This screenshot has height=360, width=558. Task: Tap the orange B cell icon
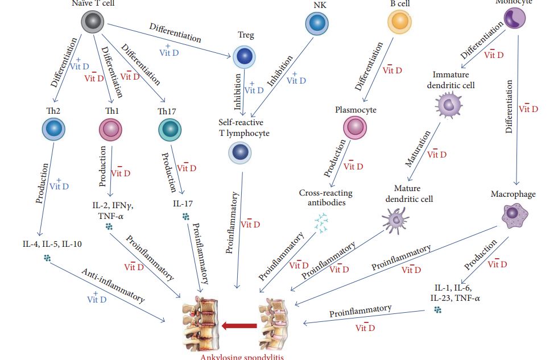pyautogui.click(x=398, y=22)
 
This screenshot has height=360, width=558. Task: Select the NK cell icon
pyautogui.click(x=316, y=24)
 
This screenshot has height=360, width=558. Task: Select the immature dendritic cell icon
pyautogui.click(x=449, y=105)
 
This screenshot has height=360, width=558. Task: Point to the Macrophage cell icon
pyautogui.click(x=514, y=214)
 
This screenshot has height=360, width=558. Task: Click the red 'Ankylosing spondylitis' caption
pyautogui.click(x=241, y=357)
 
